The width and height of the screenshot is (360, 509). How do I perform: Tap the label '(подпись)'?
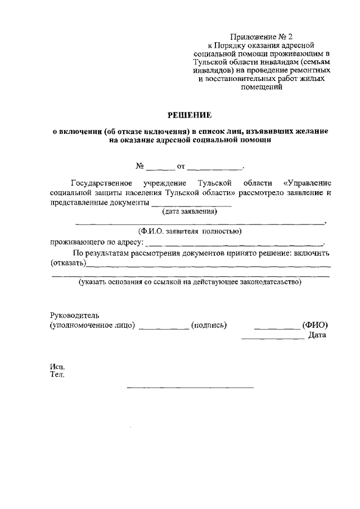(209, 326)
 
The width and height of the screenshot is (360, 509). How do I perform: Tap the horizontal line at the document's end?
(190, 388)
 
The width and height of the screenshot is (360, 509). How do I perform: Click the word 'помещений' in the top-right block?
(261, 87)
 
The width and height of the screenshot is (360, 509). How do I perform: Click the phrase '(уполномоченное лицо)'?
(92, 326)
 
